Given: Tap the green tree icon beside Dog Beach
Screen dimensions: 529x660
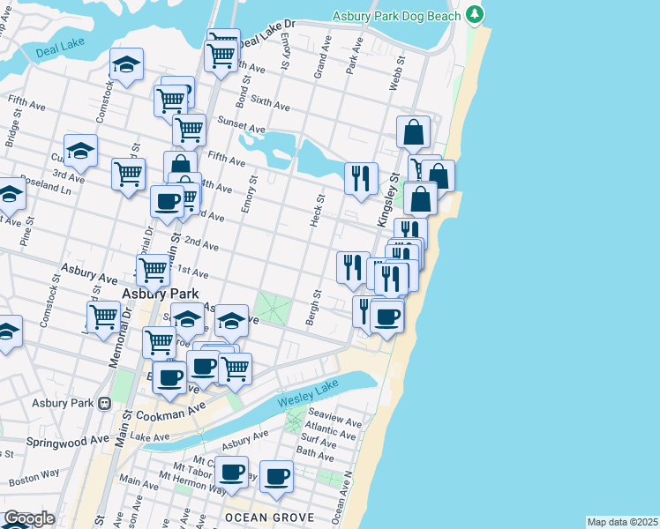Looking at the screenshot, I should (476, 15).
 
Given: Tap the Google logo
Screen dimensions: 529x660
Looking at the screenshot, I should (28, 518).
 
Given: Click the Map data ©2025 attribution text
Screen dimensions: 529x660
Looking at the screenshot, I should (622, 522).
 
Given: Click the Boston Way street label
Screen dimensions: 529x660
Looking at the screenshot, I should (34, 476).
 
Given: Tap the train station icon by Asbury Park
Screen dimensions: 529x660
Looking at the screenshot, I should (104, 404).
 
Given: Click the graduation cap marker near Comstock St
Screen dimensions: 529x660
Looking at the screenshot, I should (126, 64).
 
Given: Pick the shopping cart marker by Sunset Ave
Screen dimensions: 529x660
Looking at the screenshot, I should (189, 130).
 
